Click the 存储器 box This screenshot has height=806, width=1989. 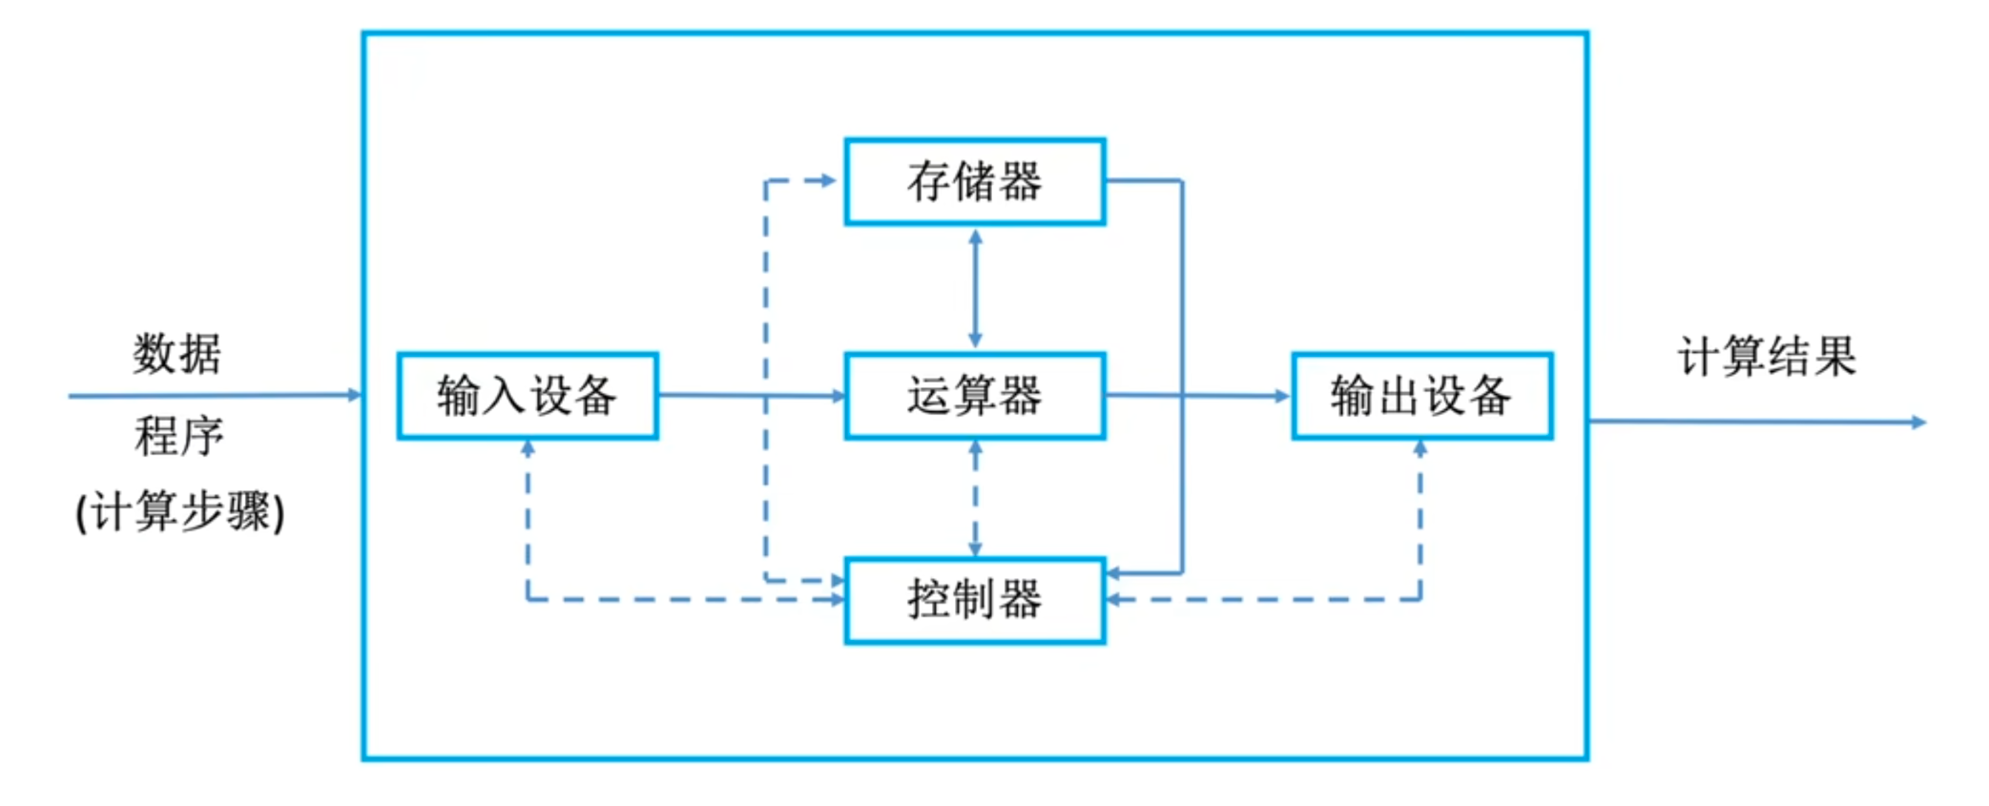[974, 181]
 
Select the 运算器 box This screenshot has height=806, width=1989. [974, 396]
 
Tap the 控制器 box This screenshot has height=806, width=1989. [974, 600]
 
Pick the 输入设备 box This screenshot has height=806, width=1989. [527, 396]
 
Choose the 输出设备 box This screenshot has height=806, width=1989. [1421, 396]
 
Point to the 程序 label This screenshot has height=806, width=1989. [179, 437]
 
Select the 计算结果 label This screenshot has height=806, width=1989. [1767, 358]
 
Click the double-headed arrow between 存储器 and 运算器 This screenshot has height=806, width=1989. [975, 288]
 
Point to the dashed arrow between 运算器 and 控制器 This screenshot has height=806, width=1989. [975, 498]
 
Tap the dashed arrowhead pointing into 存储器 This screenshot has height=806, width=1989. [828, 180]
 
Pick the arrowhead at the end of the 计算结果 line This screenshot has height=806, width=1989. [1919, 422]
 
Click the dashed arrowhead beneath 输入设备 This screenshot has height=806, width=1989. [528, 447]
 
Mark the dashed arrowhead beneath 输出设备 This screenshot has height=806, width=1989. [1420, 447]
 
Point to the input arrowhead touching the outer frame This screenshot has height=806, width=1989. [355, 395]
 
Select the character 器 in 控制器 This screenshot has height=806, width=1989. [1021, 600]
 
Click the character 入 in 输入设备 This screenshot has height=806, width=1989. [505, 396]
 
